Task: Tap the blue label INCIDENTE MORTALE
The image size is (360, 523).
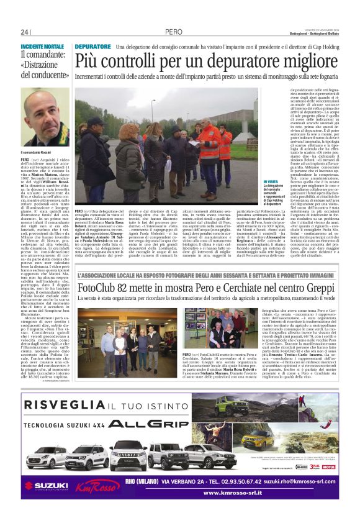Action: pyautogui.click(x=42, y=47)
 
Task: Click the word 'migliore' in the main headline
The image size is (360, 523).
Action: pyautogui.click(x=299, y=61)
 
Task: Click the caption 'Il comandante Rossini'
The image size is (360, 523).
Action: pyautogui.click(x=38, y=152)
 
